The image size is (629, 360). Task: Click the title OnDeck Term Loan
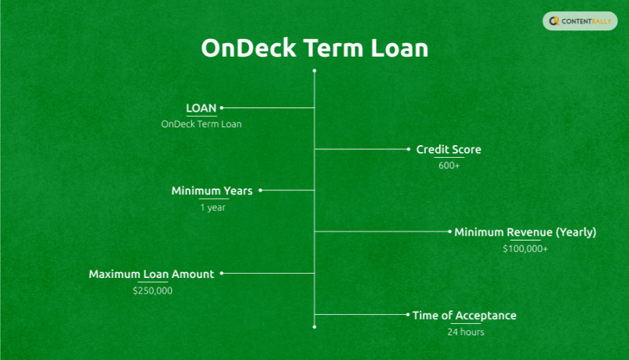coord(314,48)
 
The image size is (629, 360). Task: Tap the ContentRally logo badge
coord(580,21)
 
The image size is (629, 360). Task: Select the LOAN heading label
coord(201,108)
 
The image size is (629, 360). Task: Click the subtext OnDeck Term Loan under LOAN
coord(201,124)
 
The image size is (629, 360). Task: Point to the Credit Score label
coord(449,149)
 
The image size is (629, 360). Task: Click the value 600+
coord(449,166)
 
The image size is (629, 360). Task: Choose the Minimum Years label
coord(211,191)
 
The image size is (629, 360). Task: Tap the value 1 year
coord(213,207)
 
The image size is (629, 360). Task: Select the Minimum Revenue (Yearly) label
coord(525,232)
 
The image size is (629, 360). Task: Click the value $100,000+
coord(525,249)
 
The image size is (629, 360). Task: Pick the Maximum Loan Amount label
coord(151,274)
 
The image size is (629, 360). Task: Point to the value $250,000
coord(152,291)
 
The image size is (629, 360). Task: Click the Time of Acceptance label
coord(464,315)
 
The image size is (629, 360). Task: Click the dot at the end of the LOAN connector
coord(222,108)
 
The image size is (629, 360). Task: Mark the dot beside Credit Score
coord(408,149)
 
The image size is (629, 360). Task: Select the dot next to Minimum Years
coord(260,190)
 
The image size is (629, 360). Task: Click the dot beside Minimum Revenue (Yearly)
coord(449,231)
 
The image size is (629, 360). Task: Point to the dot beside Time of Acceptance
coord(408,315)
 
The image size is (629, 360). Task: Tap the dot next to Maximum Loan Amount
coord(222,273)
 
